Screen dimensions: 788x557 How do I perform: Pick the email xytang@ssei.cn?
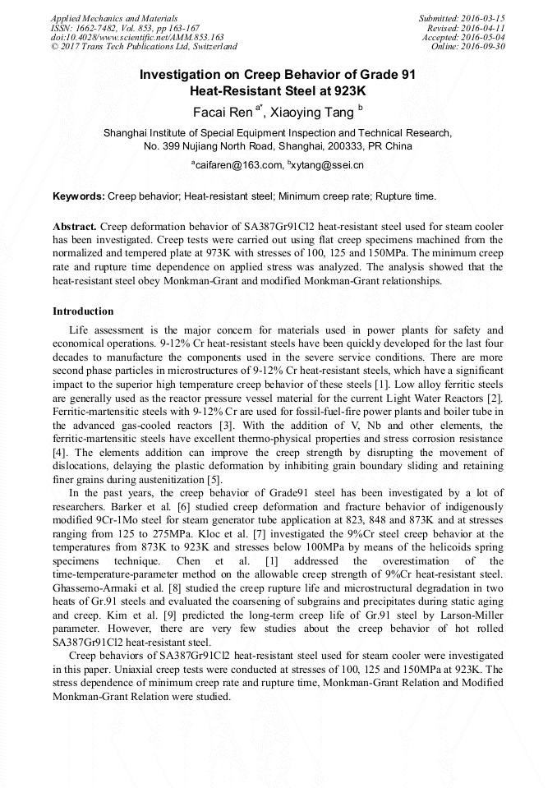pos(328,165)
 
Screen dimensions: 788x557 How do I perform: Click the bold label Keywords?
pos(79,197)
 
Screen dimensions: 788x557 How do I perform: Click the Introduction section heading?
pos(83,311)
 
